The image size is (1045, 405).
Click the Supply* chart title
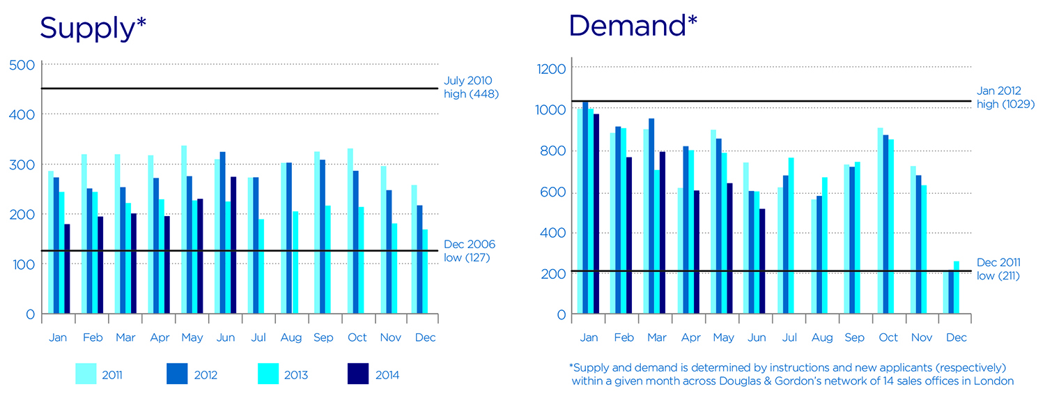point(93,28)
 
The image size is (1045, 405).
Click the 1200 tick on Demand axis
point(550,68)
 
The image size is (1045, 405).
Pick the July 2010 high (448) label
point(472,88)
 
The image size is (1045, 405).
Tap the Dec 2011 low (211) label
point(998,268)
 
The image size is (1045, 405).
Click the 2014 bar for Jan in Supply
point(68,268)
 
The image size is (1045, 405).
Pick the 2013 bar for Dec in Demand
point(957,287)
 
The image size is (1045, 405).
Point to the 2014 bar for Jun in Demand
point(761,261)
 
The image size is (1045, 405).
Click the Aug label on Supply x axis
point(291,338)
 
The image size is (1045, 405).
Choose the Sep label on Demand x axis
point(854,338)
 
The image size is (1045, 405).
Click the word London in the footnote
point(997,381)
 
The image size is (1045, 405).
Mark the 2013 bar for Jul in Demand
point(791,236)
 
